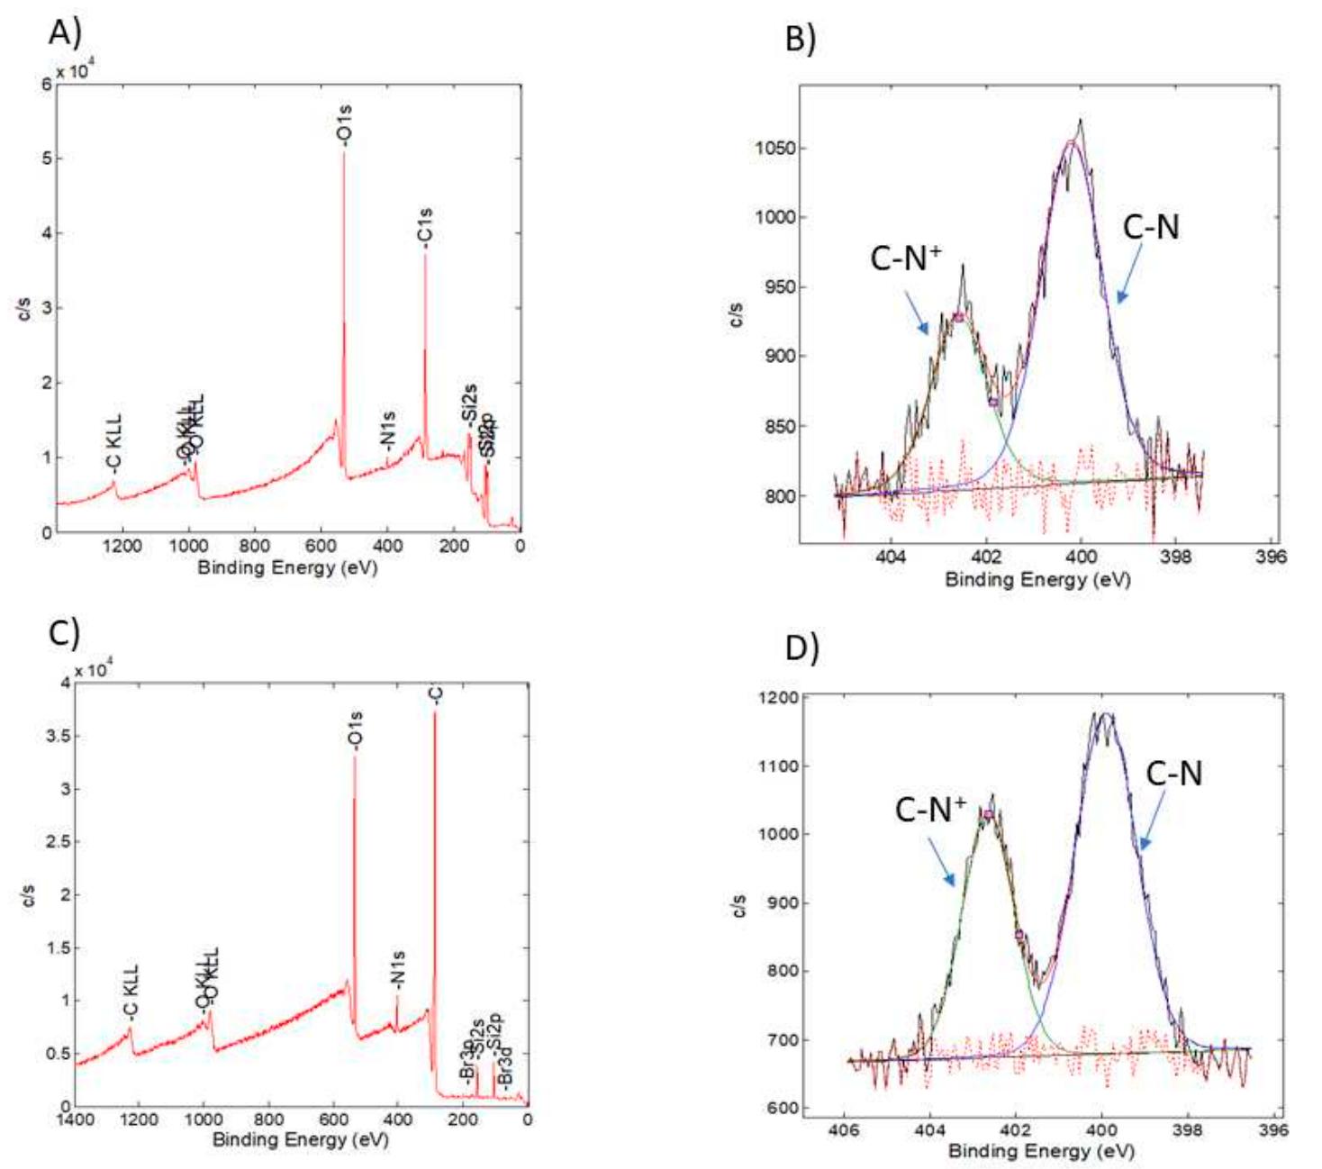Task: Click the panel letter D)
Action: coord(802,647)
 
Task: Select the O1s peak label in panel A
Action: coord(344,124)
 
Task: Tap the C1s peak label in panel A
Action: coord(425,227)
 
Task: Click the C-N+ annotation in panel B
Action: coord(905,258)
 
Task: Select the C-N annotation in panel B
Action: coord(1150,227)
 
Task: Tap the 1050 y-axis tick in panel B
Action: coord(774,149)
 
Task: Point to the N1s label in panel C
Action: coord(398,969)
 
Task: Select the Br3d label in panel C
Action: coord(505,1069)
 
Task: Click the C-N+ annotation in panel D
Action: coord(930,810)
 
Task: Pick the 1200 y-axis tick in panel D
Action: coord(778,697)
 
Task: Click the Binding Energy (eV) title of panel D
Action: coord(1040,1150)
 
